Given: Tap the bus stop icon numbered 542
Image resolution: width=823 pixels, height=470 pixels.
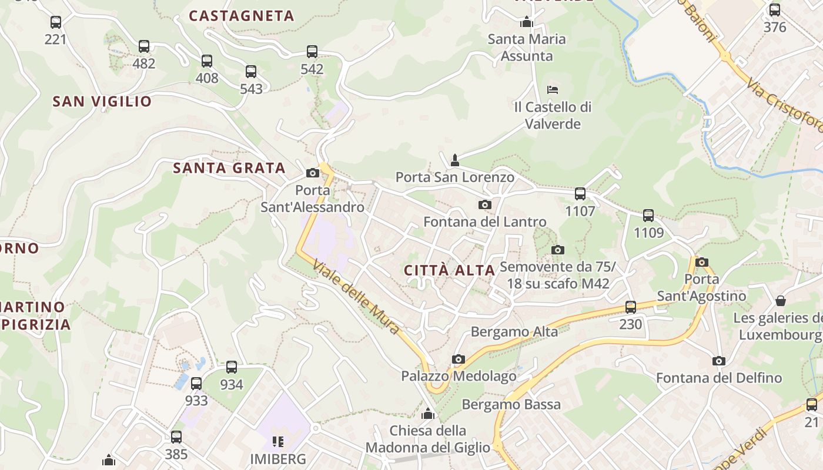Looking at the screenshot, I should [312, 52].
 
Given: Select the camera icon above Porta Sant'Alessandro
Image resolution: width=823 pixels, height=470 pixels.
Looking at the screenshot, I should [313, 173].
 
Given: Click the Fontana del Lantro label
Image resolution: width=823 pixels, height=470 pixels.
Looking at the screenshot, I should [485, 222].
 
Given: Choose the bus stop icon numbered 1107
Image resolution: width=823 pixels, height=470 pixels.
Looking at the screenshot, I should [580, 193].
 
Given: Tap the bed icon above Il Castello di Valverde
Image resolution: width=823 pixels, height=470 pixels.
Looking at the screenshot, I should [553, 90].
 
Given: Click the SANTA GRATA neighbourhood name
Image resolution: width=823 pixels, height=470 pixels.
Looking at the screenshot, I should [229, 168].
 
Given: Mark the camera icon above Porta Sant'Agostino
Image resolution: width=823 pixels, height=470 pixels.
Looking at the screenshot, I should [701, 262].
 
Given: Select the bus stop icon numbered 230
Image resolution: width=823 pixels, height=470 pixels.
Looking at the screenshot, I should [631, 307].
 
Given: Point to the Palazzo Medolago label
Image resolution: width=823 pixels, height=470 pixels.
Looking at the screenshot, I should [459, 376].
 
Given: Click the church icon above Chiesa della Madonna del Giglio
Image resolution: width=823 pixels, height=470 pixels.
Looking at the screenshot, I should [428, 414].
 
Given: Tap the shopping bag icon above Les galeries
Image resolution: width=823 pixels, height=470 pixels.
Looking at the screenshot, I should [781, 301].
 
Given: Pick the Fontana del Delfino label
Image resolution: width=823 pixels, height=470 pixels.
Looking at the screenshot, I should [719, 378].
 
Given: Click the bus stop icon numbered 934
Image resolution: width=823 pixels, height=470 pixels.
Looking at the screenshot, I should [232, 367].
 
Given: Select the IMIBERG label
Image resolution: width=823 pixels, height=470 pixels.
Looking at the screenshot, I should [278, 458].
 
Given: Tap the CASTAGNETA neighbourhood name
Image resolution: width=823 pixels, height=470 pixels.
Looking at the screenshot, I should [242, 16].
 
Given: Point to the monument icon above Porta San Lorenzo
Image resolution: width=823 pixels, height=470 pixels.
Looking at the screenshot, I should [454, 160].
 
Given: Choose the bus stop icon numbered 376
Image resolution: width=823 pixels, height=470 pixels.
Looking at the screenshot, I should [775, 10].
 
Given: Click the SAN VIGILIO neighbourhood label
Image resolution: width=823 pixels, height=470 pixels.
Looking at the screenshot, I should [102, 102].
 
